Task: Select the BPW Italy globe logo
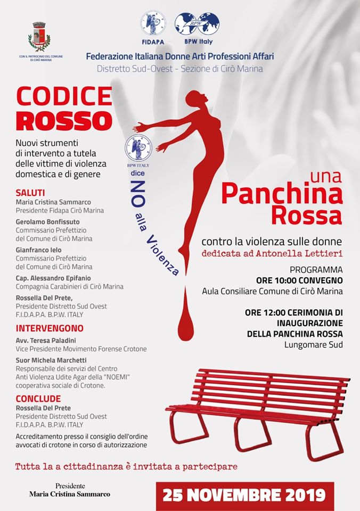tap(197, 24)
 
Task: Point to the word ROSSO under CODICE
tap(64, 120)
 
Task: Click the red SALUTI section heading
tap(30, 192)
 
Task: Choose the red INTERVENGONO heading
tap(50, 328)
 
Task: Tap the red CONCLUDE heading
tap(38, 398)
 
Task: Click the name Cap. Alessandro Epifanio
tap(53, 278)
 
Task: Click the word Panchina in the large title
tap(282, 194)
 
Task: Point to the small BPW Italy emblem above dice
tap(138, 149)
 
